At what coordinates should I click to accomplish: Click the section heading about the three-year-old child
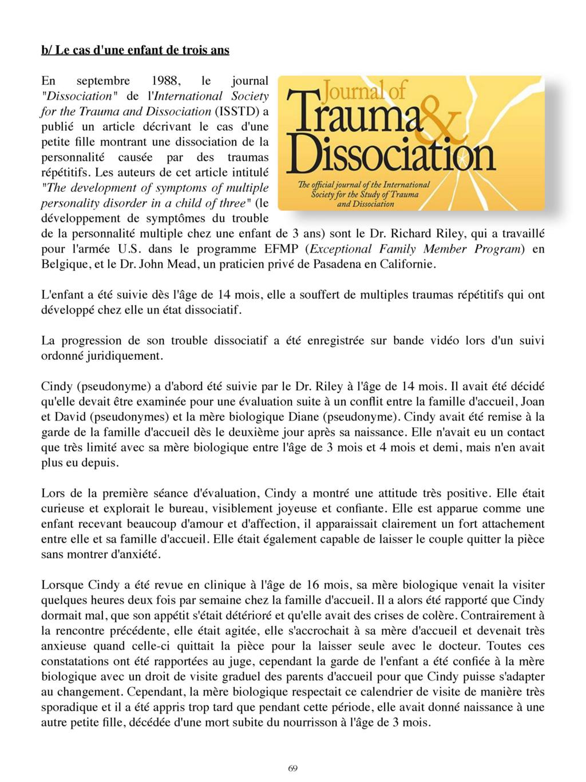pos(135,50)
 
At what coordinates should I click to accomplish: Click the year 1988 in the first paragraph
pos(169,81)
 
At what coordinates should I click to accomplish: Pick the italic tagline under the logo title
pos(363,194)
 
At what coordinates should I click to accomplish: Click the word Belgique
pos(63,265)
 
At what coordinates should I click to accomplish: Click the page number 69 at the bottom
pos(292,768)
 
